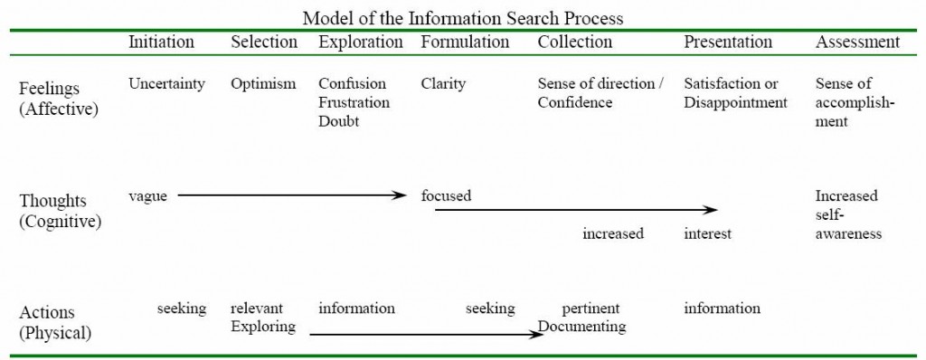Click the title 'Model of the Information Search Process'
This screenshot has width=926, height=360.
(x=462, y=17)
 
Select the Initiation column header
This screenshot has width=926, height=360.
(x=161, y=42)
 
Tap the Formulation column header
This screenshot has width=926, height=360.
(x=465, y=42)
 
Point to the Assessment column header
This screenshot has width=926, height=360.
(x=857, y=42)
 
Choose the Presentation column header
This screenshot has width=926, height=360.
(x=728, y=42)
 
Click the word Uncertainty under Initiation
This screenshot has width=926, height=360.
(x=166, y=84)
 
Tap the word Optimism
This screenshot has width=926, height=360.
(x=263, y=84)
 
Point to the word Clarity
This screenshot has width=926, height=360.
(x=443, y=84)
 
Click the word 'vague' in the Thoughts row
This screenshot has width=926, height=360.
(x=147, y=195)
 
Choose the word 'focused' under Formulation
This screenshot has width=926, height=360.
(x=446, y=195)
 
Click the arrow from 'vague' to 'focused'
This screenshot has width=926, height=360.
(x=289, y=194)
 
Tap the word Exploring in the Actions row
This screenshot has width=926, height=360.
(x=263, y=327)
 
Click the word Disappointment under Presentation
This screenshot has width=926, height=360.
(x=735, y=102)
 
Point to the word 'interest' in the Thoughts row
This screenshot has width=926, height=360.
(x=707, y=234)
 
